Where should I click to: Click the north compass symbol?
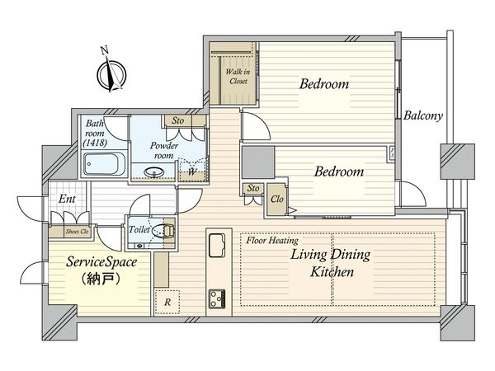pyautogui.click(x=111, y=74)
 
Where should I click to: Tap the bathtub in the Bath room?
pyautogui.click(x=104, y=164)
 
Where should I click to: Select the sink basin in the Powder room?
pyautogui.click(x=154, y=172)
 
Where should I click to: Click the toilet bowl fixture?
pyautogui.click(x=163, y=230)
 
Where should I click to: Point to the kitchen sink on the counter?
pyautogui.click(x=216, y=245)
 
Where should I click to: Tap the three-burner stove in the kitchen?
pyautogui.click(x=217, y=298)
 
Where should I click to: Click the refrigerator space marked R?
pyautogui.click(x=167, y=302)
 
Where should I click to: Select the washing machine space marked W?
pyautogui.click(x=191, y=171)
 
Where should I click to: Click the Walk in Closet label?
pyautogui.click(x=238, y=77)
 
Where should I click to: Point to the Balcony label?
pyautogui.click(x=423, y=115)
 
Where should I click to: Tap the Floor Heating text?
pyautogui.click(x=272, y=241)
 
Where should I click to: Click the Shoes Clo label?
pyautogui.click(x=78, y=232)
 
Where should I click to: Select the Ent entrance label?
pyautogui.click(x=68, y=199)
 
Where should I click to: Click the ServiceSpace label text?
pyautogui.click(x=101, y=262)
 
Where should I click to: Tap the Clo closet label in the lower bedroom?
pyautogui.click(x=277, y=199)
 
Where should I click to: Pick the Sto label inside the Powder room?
pyautogui.click(x=178, y=120)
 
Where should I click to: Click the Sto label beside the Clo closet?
pyautogui.click(x=253, y=188)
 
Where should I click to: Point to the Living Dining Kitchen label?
pyautogui.click(x=331, y=263)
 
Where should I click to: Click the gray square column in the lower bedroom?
pyautogui.click(x=258, y=162)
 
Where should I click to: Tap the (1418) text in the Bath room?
pyautogui.click(x=95, y=143)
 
